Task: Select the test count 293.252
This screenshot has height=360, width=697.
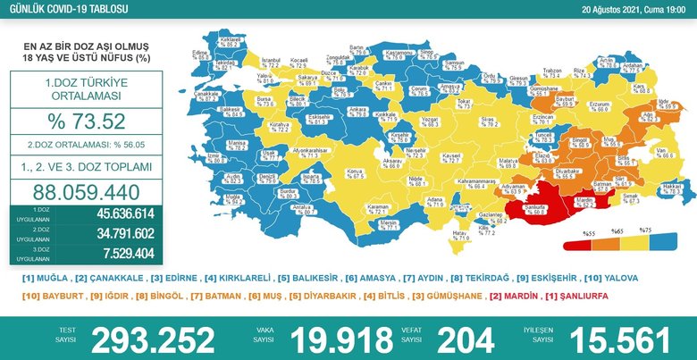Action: pos(147,339)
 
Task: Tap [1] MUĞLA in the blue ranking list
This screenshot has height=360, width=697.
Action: pos(46,278)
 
